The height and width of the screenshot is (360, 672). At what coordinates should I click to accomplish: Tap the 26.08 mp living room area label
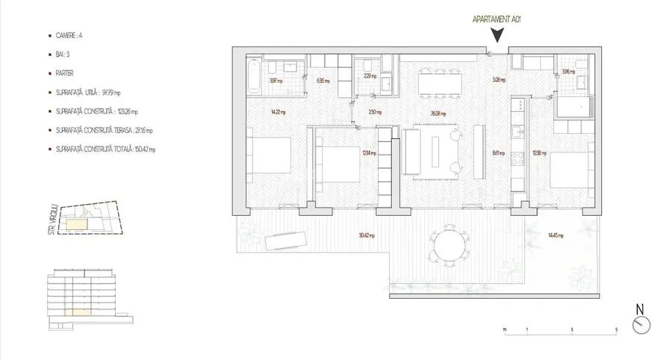click(438, 114)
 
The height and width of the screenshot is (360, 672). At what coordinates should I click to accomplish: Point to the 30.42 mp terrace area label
click(365, 235)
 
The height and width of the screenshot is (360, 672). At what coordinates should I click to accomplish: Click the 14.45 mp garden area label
click(555, 235)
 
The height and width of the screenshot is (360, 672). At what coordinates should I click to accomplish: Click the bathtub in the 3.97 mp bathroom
click(254, 79)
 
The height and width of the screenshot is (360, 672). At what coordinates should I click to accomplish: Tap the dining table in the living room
click(438, 82)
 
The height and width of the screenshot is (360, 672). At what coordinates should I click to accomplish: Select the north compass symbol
click(640, 324)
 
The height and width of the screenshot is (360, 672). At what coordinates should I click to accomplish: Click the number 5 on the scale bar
click(616, 329)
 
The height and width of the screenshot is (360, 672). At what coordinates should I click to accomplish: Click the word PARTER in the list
click(64, 74)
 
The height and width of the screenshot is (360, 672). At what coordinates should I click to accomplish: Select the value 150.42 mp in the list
click(142, 149)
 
